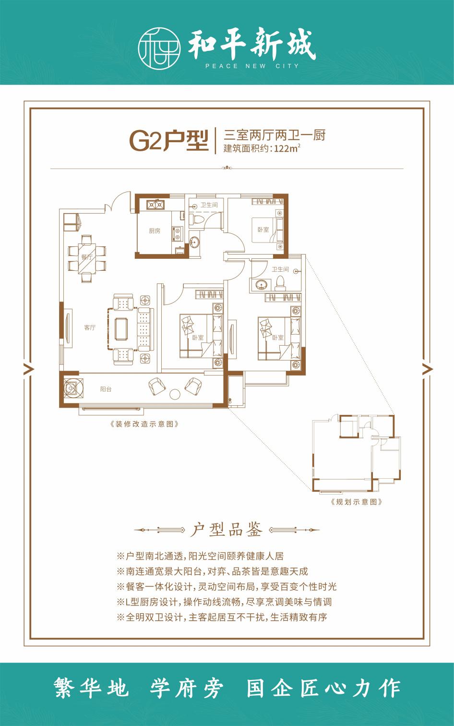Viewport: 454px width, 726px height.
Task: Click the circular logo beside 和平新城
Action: pyautogui.click(x=159, y=48)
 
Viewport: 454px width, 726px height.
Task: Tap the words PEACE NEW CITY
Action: pyautogui.click(x=252, y=66)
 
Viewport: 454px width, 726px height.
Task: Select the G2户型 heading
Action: pyautogui.click(x=168, y=141)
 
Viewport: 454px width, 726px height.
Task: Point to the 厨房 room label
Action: pyautogui.click(x=155, y=231)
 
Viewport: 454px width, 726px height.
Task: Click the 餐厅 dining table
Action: pyautogui.click(x=87, y=258)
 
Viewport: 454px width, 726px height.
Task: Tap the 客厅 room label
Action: pyautogui.click(x=90, y=327)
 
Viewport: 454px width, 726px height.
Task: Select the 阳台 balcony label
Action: pyautogui.click(x=106, y=389)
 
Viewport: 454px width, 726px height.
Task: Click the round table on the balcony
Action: pyautogui.click(x=175, y=394)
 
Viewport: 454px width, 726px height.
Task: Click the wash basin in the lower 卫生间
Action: pyautogui.click(x=261, y=285)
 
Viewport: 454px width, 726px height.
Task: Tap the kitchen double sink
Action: pyautogui.click(x=155, y=205)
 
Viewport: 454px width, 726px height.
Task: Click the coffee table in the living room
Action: pyautogui.click(x=121, y=329)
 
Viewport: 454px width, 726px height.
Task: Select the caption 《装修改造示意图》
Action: pyautogui.click(x=144, y=424)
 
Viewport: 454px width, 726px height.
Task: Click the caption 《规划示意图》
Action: pyautogui.click(x=357, y=502)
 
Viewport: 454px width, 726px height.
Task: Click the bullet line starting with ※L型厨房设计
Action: pyautogui.click(x=224, y=602)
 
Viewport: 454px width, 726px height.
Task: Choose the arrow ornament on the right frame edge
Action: pyautogui.click(x=428, y=369)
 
